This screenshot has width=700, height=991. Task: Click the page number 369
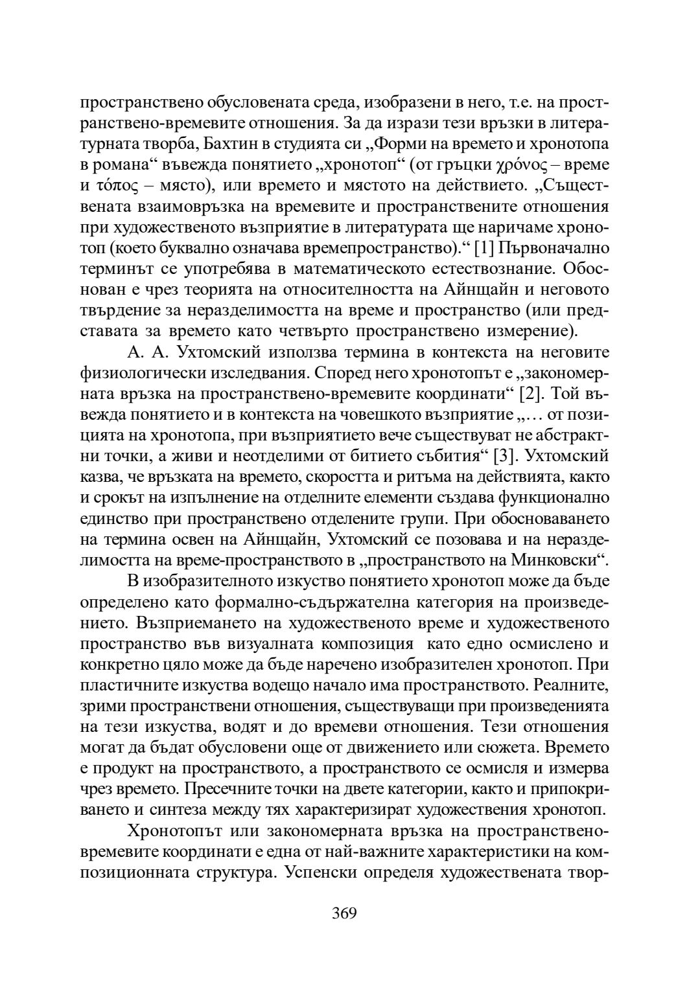[x=344, y=913]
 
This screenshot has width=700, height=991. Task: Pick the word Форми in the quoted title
[x=417, y=144]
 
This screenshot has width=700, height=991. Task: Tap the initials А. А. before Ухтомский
[x=145, y=352]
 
